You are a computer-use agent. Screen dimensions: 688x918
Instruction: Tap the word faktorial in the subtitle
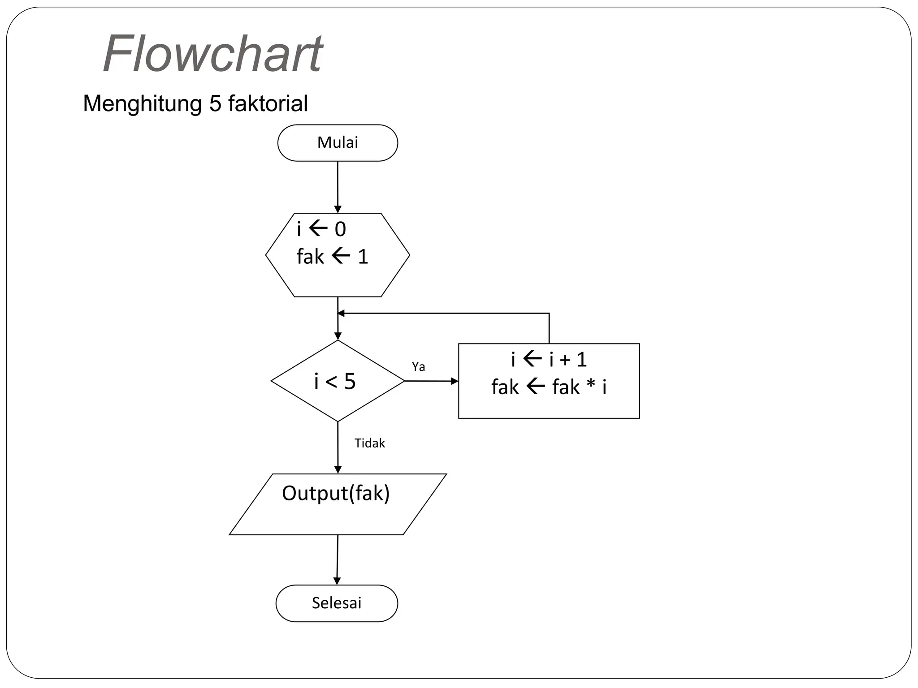[x=268, y=103]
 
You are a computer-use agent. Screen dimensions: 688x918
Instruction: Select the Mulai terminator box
[x=338, y=143]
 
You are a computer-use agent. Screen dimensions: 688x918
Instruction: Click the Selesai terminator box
[x=337, y=603]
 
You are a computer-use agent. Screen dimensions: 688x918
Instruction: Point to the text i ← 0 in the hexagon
[x=321, y=229]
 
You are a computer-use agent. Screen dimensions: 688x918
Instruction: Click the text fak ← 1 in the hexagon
[x=332, y=257]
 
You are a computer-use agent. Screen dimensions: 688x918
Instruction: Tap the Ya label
[x=418, y=367]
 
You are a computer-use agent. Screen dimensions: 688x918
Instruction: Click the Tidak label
[x=369, y=443]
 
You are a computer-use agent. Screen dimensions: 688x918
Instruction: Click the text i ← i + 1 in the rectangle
[x=549, y=360]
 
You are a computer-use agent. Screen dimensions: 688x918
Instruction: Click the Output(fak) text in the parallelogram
[x=336, y=493]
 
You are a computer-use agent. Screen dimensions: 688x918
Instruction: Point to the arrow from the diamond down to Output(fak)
[x=338, y=448]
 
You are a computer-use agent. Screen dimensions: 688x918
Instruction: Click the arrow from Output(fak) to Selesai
[x=337, y=560]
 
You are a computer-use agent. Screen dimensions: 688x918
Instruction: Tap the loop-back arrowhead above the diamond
[x=341, y=313]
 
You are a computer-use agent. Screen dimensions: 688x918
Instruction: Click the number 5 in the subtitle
[x=215, y=103]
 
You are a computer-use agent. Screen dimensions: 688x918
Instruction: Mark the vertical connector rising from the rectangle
[x=549, y=328]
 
